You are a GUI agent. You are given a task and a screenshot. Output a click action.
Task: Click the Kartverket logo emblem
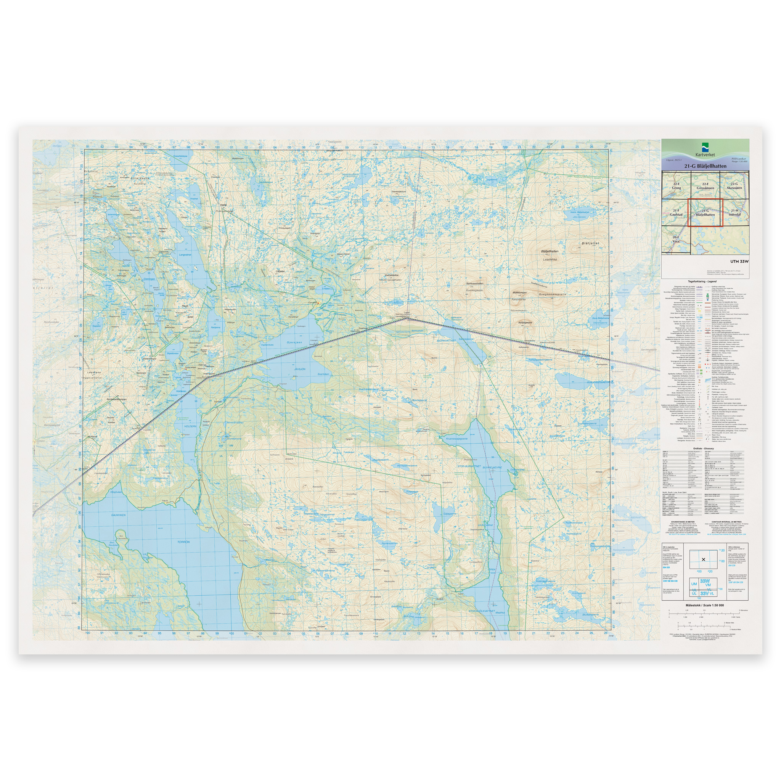(705, 146)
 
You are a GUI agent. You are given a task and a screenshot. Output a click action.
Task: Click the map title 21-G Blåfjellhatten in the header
(705, 166)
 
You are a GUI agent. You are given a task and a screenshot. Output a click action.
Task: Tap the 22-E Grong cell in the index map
(676, 186)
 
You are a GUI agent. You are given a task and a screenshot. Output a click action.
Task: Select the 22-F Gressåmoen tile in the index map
(705, 186)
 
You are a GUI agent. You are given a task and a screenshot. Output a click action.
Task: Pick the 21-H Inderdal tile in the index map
(734, 212)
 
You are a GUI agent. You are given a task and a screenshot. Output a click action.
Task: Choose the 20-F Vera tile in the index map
(676, 239)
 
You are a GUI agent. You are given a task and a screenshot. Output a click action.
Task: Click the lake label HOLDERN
(190, 426)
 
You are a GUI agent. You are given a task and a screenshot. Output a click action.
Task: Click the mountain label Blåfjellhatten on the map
(550, 251)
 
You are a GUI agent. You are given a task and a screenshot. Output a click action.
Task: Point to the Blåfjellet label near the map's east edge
(590, 243)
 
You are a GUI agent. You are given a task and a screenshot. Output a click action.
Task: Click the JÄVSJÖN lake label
(299, 369)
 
